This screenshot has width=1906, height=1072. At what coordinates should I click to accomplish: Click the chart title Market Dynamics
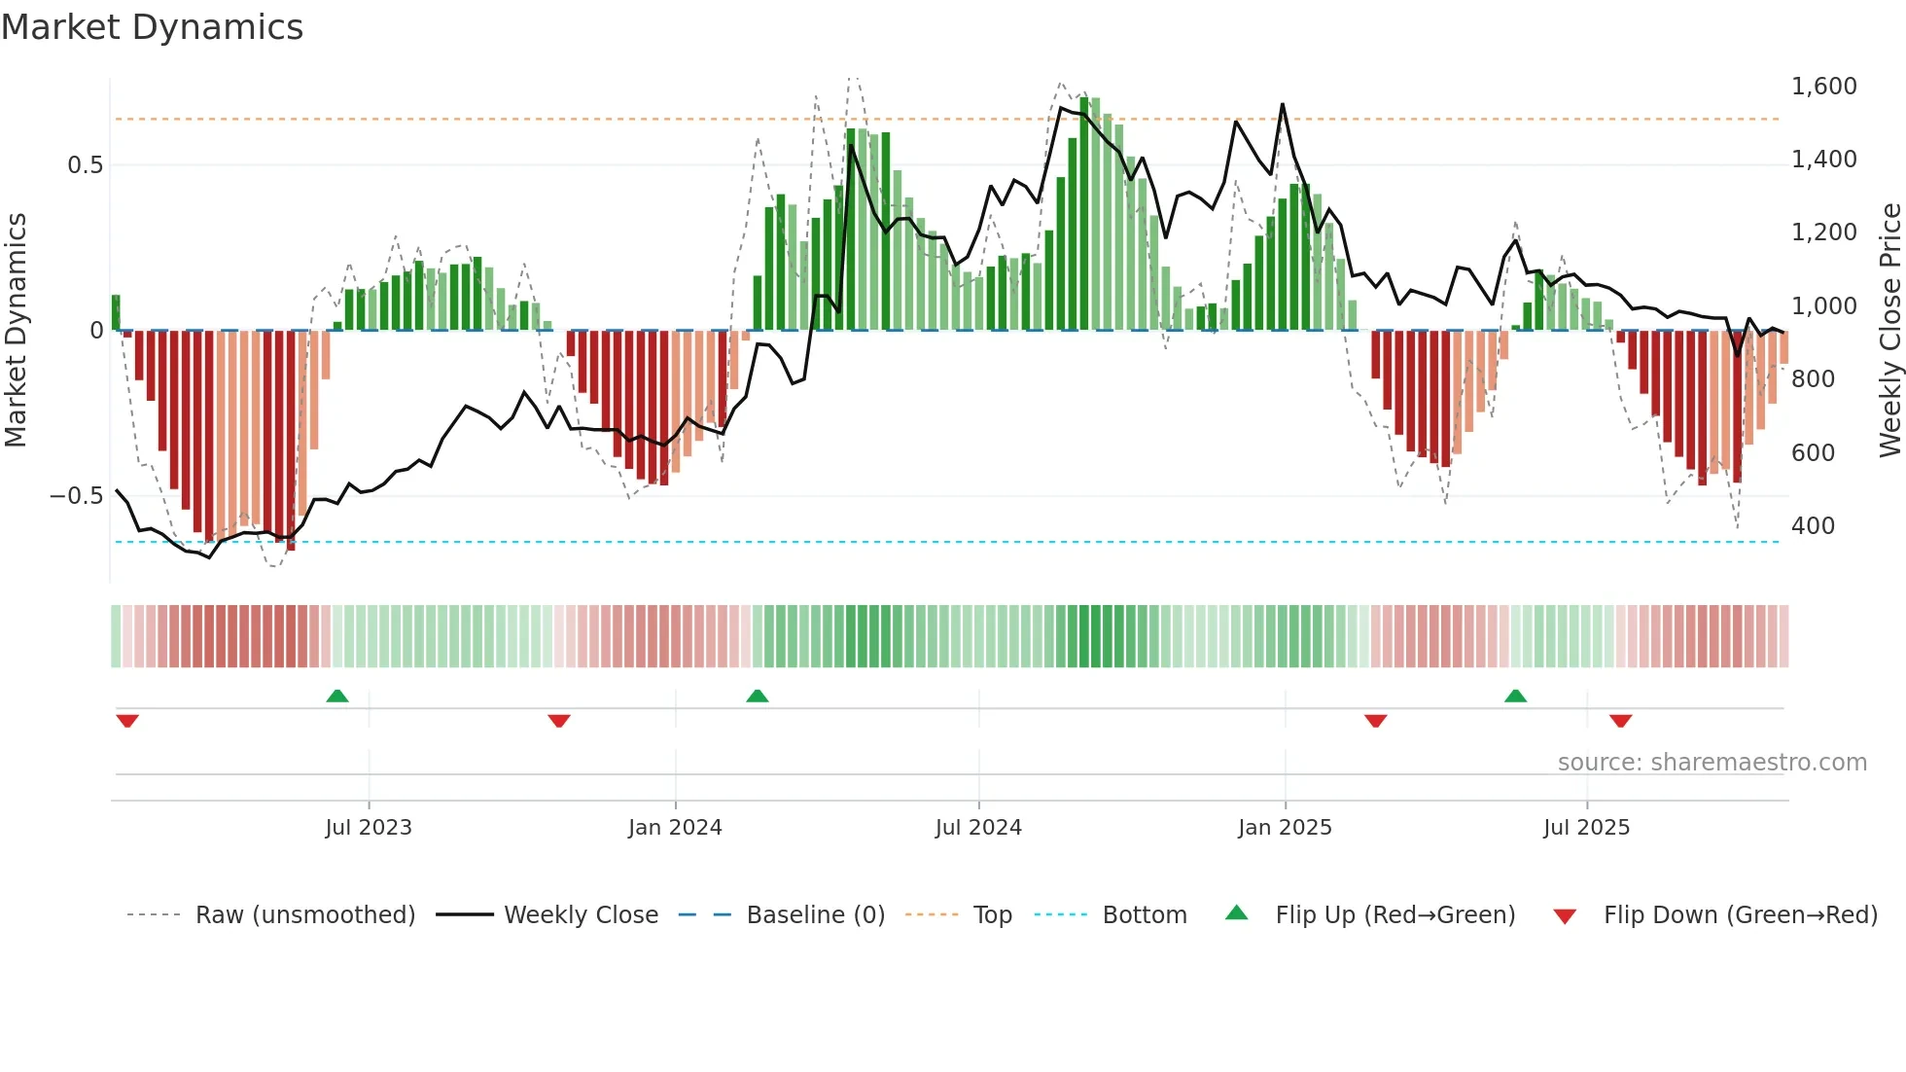tap(152, 27)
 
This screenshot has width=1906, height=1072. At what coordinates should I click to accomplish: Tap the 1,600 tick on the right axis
tap(1823, 87)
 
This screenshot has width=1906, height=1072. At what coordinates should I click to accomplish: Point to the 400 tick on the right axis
tap(1813, 526)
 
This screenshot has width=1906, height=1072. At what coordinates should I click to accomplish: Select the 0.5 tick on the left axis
tap(85, 165)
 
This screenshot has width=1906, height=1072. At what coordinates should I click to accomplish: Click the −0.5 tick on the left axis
tap(76, 496)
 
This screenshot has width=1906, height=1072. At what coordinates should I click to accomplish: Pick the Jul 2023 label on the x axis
tap(369, 828)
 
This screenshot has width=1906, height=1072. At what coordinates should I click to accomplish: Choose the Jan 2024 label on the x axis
tap(675, 828)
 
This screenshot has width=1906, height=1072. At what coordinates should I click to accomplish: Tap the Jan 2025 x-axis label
tap(1285, 828)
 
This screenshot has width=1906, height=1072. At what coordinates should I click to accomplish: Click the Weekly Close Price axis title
tap(1889, 331)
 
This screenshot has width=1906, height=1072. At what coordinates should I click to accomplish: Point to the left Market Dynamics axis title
tap(16, 331)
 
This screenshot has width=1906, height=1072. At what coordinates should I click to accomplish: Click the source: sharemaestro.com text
tap(1712, 763)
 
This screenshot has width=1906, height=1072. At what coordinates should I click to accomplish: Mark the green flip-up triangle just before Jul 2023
tap(337, 696)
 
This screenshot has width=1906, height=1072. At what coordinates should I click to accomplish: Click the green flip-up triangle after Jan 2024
tap(758, 696)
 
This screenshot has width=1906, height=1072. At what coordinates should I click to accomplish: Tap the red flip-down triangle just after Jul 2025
tap(1620, 721)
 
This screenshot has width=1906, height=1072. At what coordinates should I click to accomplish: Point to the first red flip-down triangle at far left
tap(127, 721)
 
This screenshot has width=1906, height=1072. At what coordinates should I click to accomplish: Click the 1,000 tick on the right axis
tap(1823, 306)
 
